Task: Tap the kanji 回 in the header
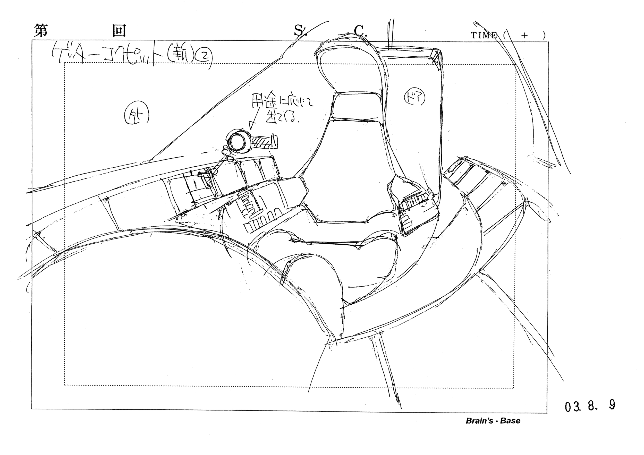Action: point(119,31)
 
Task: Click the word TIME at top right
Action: point(484,35)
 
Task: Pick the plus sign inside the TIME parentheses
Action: point(524,35)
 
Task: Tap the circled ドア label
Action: point(414,98)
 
